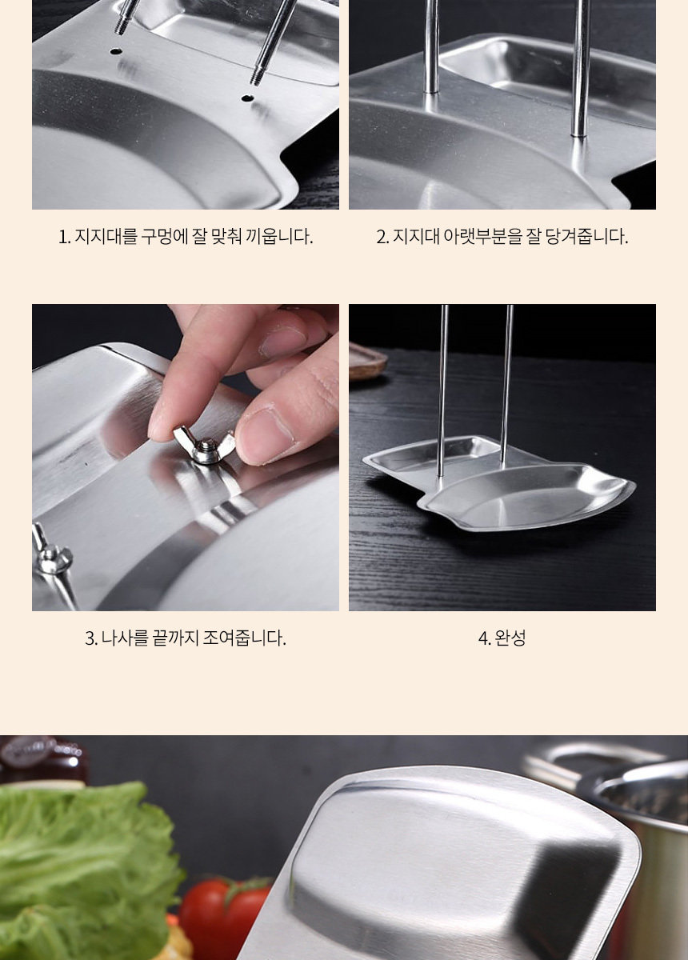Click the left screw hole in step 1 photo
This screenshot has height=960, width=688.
point(115,51)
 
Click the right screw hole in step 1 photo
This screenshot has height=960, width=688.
point(246,98)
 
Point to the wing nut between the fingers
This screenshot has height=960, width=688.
point(205,446)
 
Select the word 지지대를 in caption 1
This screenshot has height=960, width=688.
point(106,236)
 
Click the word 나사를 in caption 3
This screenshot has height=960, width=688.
point(125,638)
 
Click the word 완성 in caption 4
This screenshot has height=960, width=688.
point(510,638)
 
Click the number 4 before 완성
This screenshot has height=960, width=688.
point(482,638)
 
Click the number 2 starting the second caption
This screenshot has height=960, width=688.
point(381,237)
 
